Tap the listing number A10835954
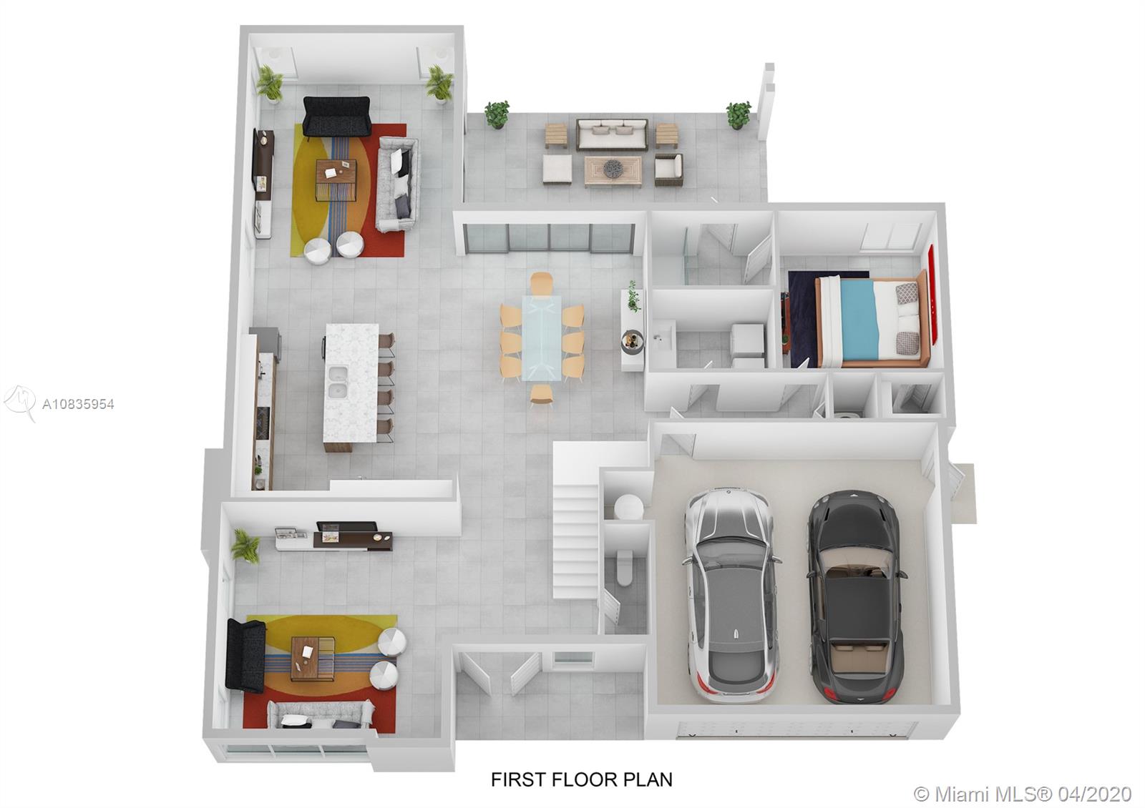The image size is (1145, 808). click(x=78, y=405)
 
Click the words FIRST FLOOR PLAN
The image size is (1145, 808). click(x=582, y=779)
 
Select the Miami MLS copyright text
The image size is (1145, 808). click(x=1023, y=794)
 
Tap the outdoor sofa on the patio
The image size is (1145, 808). click(x=612, y=134)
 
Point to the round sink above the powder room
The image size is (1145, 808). click(x=628, y=507)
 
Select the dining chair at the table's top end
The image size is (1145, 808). click(x=541, y=282)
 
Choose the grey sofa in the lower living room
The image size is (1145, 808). click(x=321, y=714)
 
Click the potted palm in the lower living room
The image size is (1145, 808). click(x=245, y=546)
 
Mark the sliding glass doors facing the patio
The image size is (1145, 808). click(x=550, y=238)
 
